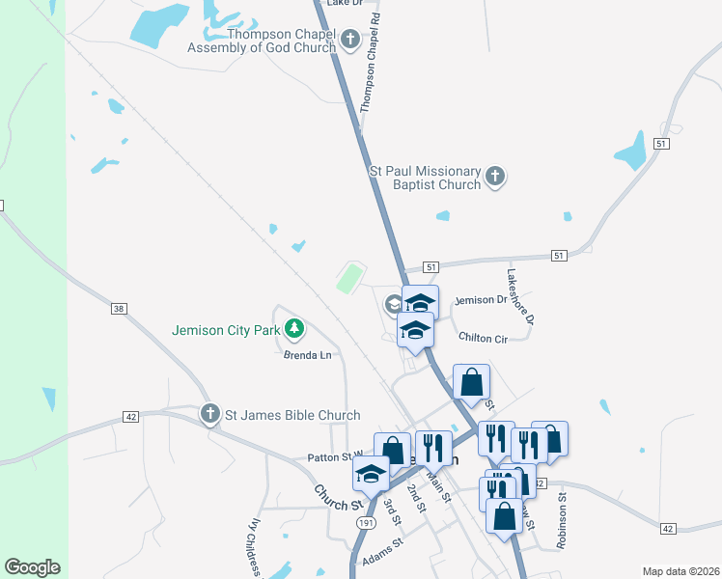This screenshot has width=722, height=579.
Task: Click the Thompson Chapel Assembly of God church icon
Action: click(x=349, y=40)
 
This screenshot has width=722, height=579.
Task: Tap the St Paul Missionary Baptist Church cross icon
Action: click(x=495, y=177)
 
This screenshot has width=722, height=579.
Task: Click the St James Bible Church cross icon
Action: click(x=208, y=415)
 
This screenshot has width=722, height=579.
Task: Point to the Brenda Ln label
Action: click(x=307, y=355)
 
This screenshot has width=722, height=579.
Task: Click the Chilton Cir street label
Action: click(x=484, y=338)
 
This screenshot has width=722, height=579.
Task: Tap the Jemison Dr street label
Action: click(x=481, y=300)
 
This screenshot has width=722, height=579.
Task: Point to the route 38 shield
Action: click(x=119, y=309)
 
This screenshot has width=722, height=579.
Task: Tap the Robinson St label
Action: click(x=561, y=521)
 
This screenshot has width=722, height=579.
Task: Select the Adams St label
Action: click(x=381, y=559)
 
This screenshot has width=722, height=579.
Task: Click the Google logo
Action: click(x=32, y=567)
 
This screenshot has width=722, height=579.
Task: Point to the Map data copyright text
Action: click(x=680, y=571)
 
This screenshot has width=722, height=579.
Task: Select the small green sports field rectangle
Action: click(x=349, y=280)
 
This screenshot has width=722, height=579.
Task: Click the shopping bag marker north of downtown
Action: click(x=471, y=381)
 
